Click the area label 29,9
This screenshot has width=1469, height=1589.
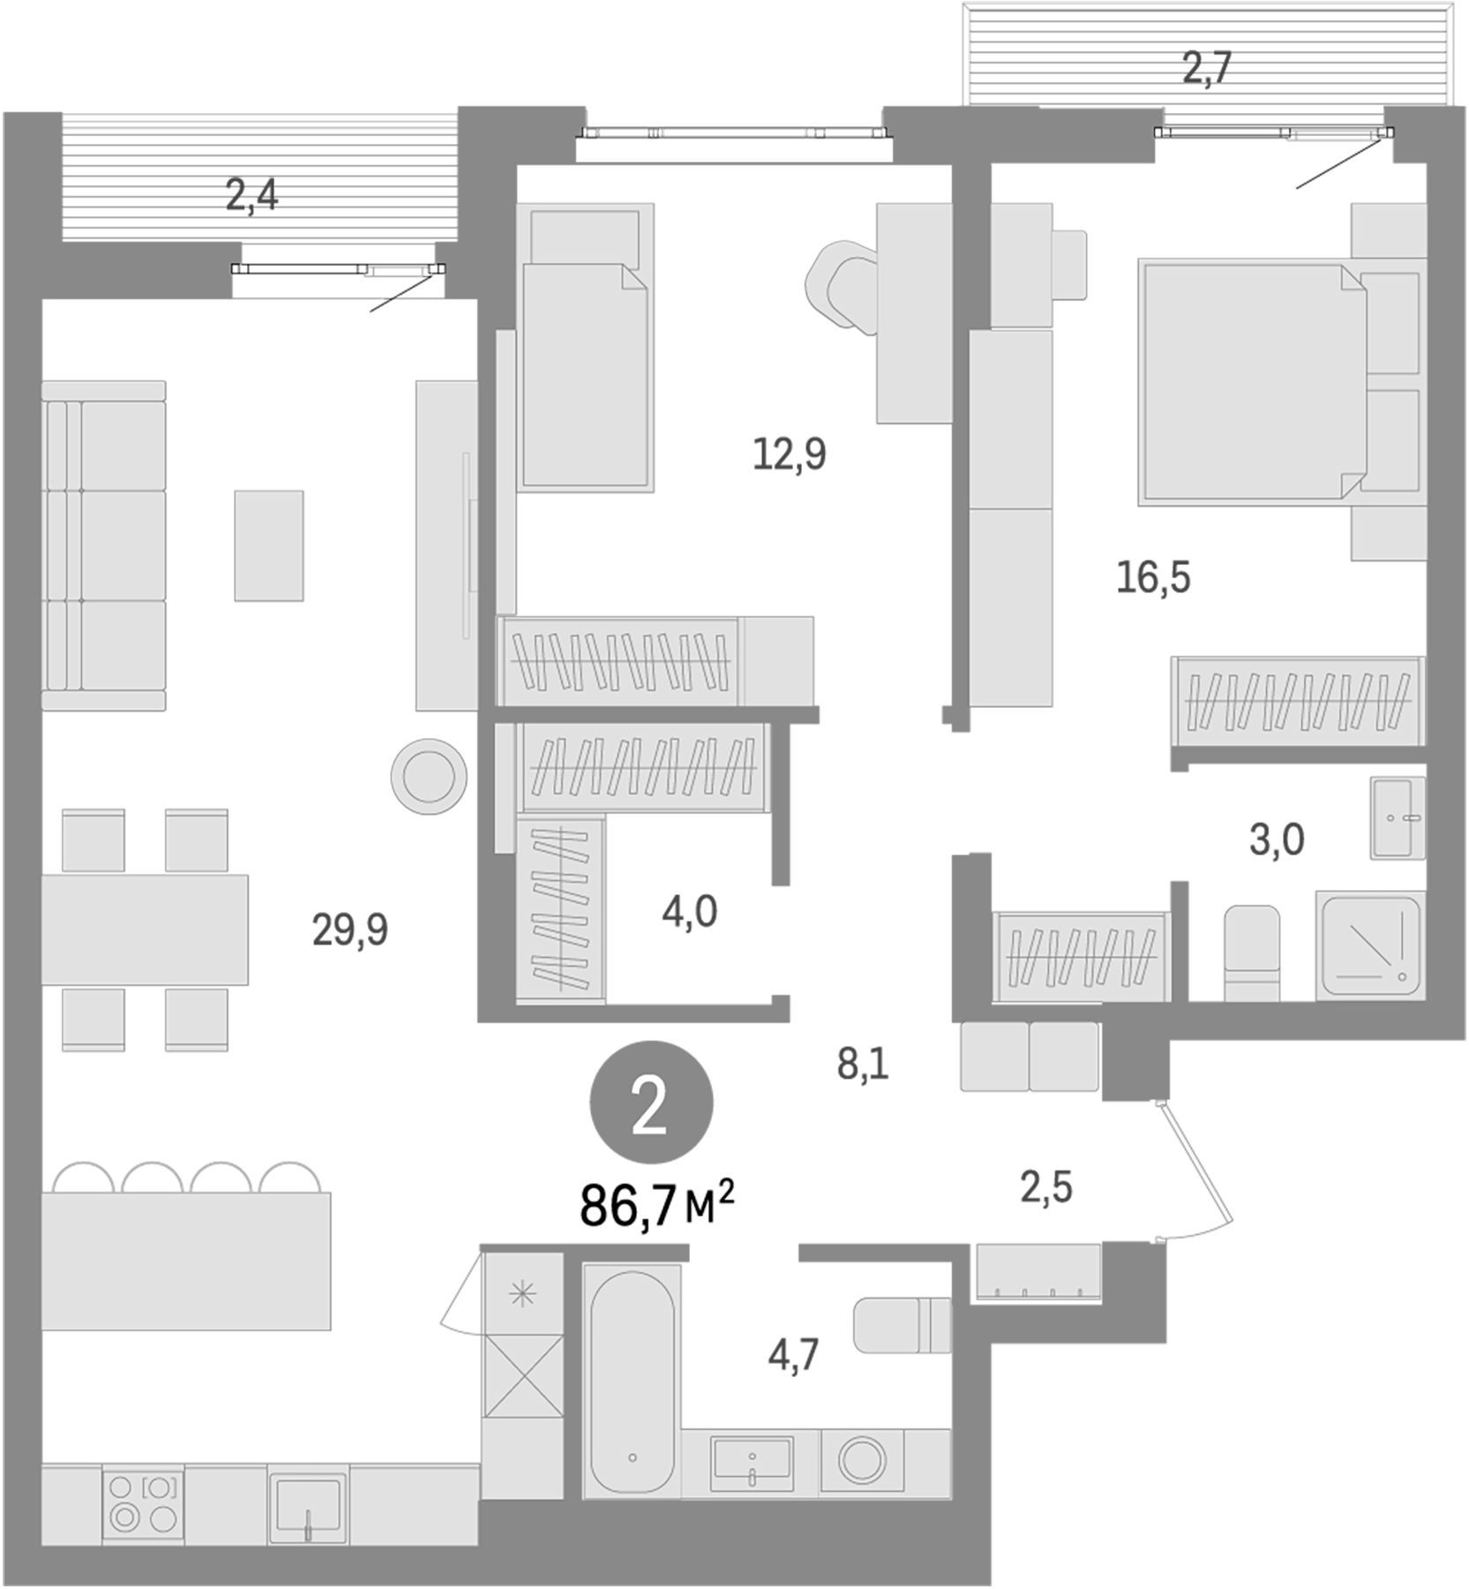coord(349,930)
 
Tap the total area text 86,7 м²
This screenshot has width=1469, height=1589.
coord(656,1205)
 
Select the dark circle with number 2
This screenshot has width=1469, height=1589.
coord(650,1103)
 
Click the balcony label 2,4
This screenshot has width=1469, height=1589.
coord(251,195)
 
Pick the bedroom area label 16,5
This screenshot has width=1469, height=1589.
coord(1153,577)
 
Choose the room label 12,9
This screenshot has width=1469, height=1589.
coord(789,454)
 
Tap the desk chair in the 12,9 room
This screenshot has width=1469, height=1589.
coord(840,286)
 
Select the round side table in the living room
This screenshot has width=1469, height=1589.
coord(429,776)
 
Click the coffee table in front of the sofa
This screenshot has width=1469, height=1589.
coord(269,546)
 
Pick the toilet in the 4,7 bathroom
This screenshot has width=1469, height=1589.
coord(902,1325)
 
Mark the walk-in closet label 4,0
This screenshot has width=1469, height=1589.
coord(689,911)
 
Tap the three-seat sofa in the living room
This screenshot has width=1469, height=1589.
coord(104,546)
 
